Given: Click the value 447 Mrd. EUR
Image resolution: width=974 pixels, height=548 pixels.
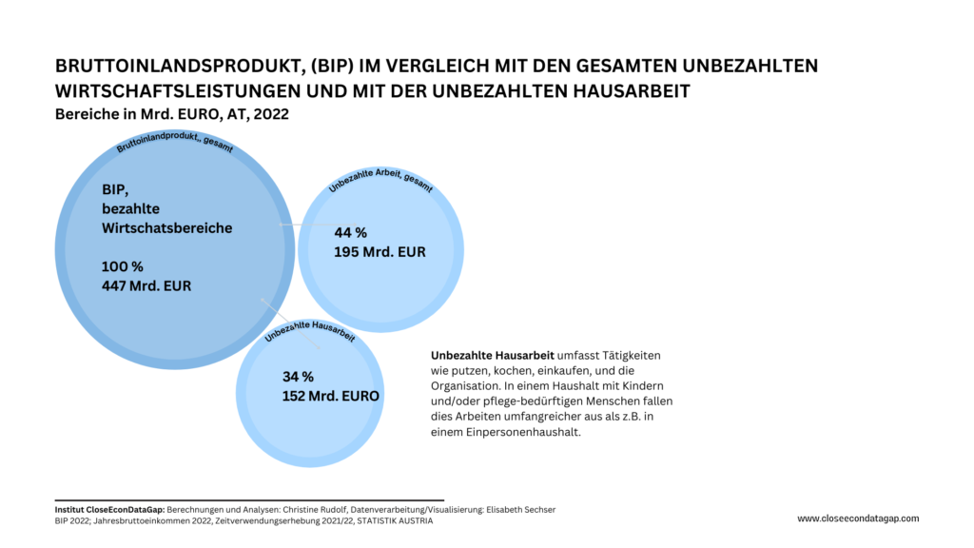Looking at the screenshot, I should pyautogui.click(x=146, y=285).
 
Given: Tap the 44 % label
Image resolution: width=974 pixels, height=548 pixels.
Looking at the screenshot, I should pyautogui.click(x=350, y=232).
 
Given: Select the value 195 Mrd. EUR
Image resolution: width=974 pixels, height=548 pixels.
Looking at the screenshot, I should pyautogui.click(x=380, y=252).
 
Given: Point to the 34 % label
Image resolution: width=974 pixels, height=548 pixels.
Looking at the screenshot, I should pyautogui.click(x=298, y=376).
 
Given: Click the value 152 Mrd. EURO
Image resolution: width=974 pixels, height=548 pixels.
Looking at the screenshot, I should pyautogui.click(x=330, y=396).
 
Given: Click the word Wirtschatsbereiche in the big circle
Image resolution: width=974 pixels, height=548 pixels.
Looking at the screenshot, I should pyautogui.click(x=166, y=228).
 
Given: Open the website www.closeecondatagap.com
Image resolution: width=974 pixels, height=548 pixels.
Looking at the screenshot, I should pyautogui.click(x=858, y=519).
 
